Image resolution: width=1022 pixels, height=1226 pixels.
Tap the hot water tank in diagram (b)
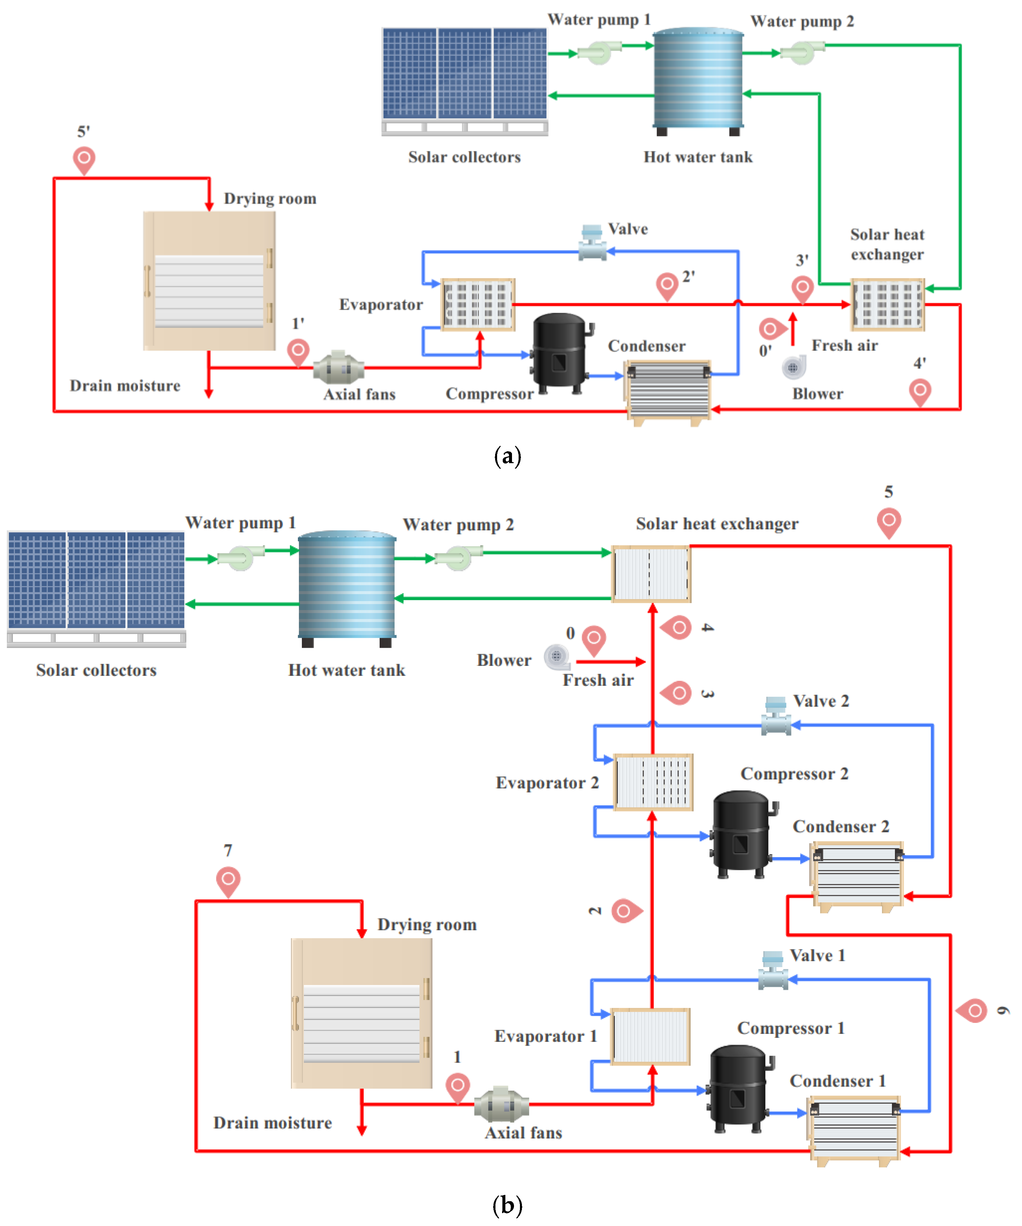click(347, 589)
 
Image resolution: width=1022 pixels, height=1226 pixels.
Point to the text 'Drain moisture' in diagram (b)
click(273, 1123)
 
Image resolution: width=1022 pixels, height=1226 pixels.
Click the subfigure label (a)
click(507, 456)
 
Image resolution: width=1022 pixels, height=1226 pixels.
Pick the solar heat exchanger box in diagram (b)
click(651, 574)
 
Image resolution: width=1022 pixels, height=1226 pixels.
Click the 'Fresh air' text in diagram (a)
click(845, 346)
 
